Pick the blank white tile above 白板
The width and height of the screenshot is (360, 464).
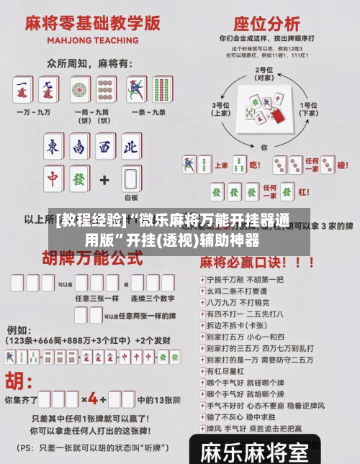[x=131, y=178]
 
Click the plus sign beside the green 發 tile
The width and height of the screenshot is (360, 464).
[x=104, y=178]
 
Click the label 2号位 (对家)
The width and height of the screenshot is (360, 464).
[x=264, y=73]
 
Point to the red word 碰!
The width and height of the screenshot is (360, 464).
[x=342, y=165]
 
